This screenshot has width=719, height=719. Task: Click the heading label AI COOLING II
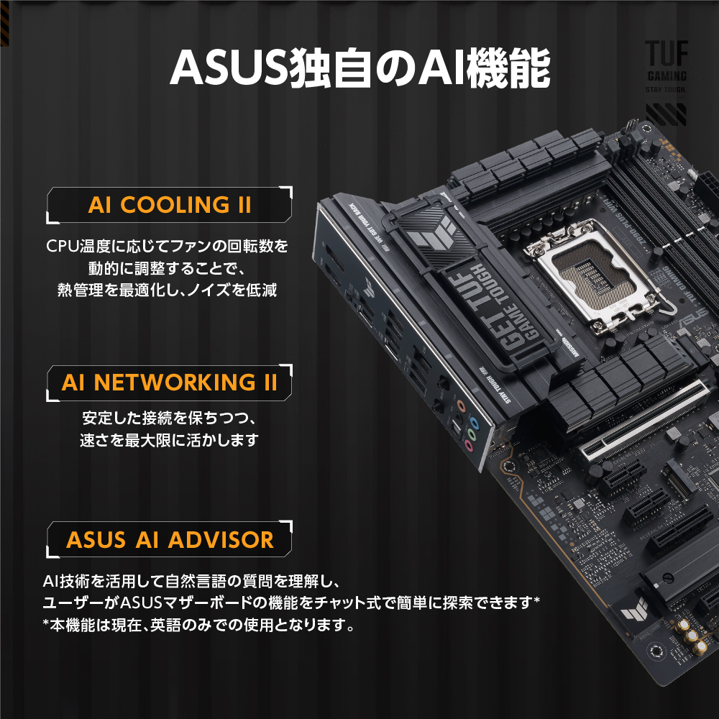click(169, 204)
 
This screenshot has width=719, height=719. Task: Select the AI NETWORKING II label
click(169, 382)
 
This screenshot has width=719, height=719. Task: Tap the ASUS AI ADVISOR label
click(170, 540)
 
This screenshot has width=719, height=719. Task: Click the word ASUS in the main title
click(227, 67)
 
